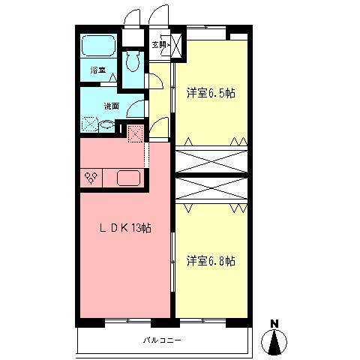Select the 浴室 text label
click(98, 70)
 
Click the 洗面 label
click(112, 106)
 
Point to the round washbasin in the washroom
click(108, 126)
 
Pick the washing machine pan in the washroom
click(90, 126)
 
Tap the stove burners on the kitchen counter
click(93, 178)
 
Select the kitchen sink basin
click(127, 178)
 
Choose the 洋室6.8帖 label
click(211, 261)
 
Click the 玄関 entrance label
click(159, 44)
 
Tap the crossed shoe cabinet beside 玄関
click(177, 45)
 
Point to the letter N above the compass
click(274, 324)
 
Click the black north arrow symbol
click(274, 342)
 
